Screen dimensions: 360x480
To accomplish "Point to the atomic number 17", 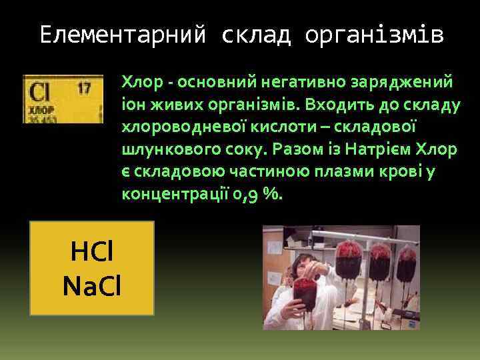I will coord(84,87).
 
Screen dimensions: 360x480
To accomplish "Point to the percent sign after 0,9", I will coord(273,195).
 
